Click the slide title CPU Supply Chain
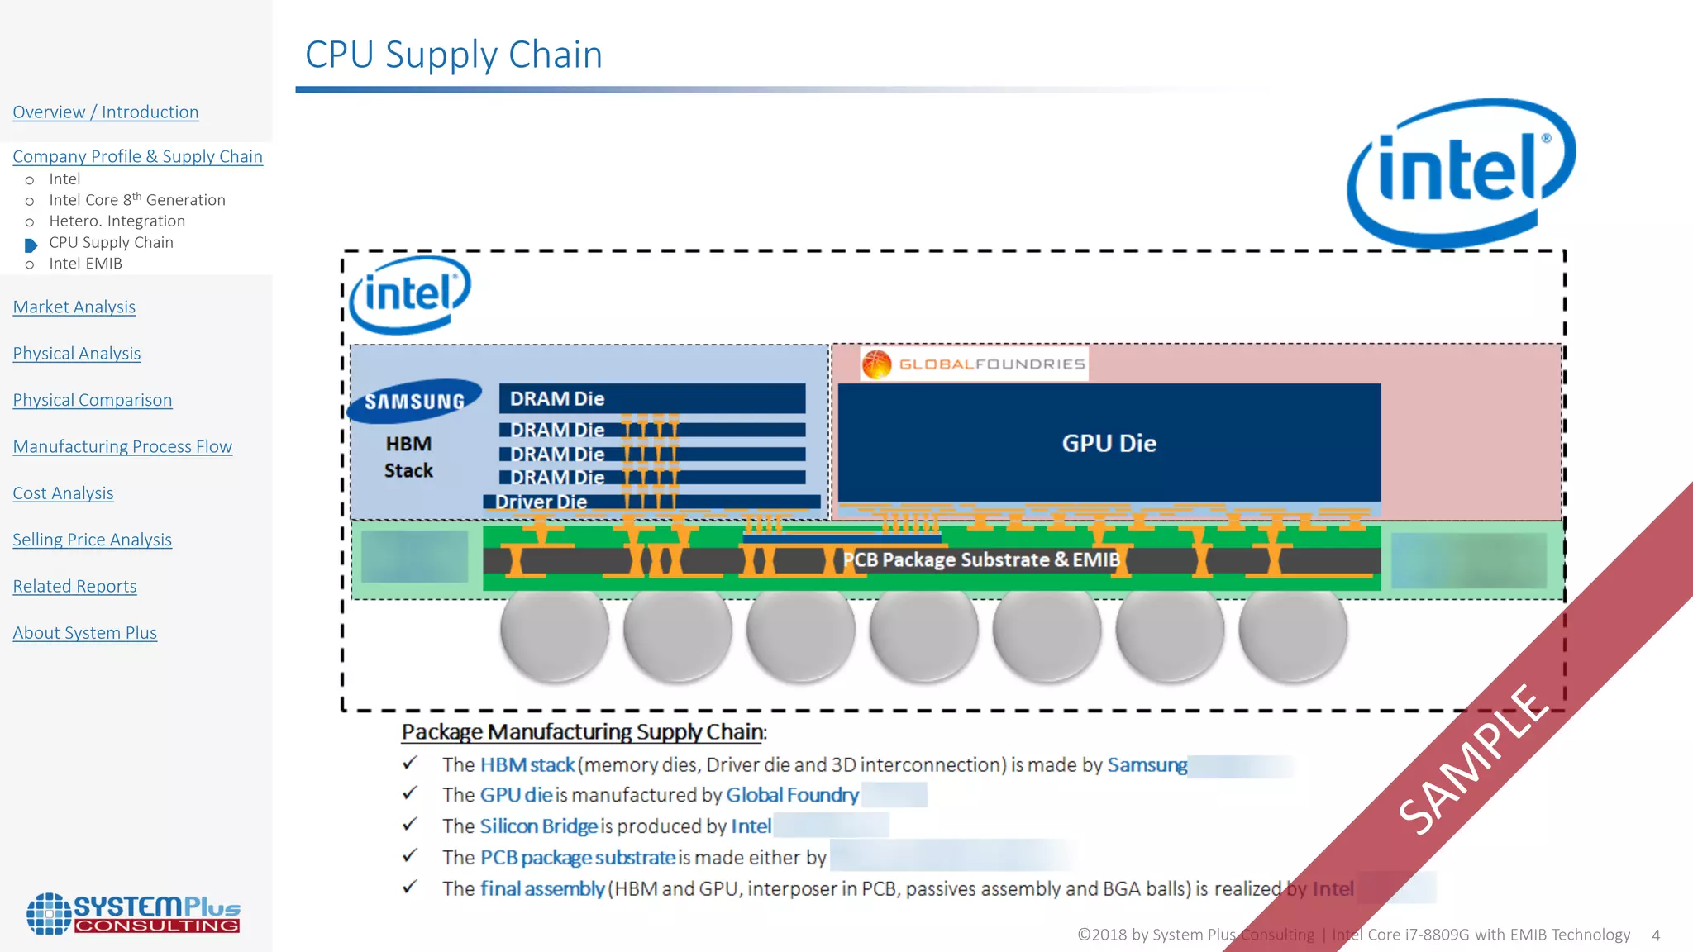point(453,55)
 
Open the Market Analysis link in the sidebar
point(74,307)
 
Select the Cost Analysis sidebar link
point(63,493)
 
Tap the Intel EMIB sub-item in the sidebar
point(85,264)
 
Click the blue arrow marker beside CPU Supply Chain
point(31,245)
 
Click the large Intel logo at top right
point(1461,171)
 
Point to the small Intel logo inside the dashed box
point(410,294)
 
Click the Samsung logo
point(415,402)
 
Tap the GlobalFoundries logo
point(974,364)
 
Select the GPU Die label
point(1109,444)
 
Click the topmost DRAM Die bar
point(651,398)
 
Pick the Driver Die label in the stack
point(541,502)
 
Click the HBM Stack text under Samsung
point(408,457)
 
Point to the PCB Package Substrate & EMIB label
point(980,559)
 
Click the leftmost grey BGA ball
point(554,630)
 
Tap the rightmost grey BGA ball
point(1292,630)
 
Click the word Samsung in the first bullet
point(1147,765)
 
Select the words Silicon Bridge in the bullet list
point(538,826)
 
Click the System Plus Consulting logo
point(133,914)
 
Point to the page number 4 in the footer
point(1656,935)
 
